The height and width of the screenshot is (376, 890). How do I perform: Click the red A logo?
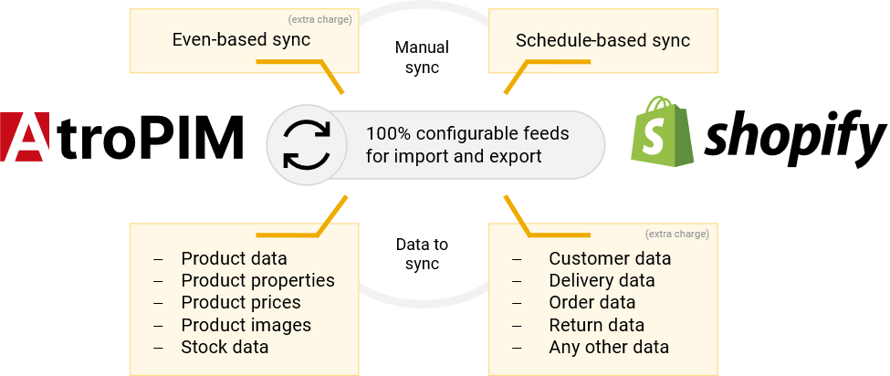(25, 137)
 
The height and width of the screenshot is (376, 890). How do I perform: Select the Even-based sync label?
(241, 40)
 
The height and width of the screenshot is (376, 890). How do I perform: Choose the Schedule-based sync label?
(602, 40)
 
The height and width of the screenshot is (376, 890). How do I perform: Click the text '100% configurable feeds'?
(467, 134)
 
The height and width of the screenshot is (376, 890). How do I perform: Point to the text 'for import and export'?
(454, 156)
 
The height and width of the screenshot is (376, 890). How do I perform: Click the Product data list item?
(234, 258)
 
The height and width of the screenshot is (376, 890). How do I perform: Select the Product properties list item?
(257, 280)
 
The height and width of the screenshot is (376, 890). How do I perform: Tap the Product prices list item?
(241, 302)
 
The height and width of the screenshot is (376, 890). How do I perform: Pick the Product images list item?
(246, 325)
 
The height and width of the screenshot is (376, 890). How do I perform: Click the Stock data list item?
(225, 347)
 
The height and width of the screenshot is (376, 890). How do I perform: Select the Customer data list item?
(610, 258)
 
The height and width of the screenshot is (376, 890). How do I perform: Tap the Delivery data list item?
(602, 280)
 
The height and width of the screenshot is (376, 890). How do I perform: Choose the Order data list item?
(592, 302)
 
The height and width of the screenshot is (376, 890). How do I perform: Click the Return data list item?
(596, 325)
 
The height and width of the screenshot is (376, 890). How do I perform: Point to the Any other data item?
(609, 347)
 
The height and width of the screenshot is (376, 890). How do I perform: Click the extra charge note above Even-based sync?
(319, 18)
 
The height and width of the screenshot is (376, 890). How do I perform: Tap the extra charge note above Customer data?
(676, 234)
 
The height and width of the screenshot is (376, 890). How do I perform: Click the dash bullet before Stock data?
(159, 348)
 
